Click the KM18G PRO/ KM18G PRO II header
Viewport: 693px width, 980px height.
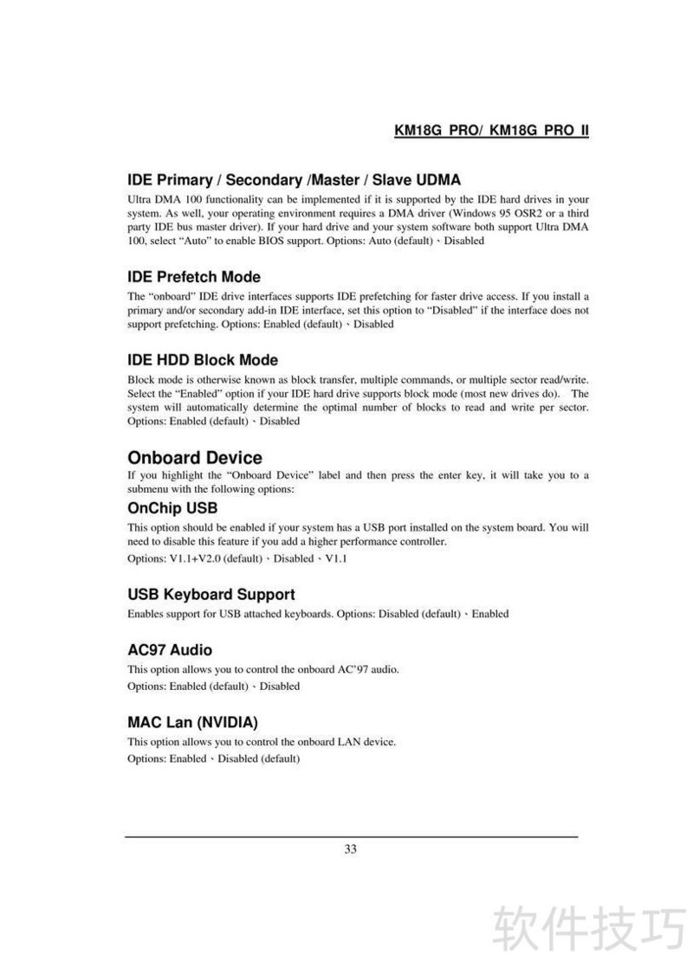(491, 131)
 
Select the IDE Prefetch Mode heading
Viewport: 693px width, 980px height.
(193, 277)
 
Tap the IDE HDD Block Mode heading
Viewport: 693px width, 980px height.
(202, 360)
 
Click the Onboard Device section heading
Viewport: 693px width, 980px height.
(194, 457)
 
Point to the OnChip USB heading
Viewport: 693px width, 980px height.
(172, 508)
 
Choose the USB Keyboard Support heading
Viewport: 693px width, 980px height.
(210, 595)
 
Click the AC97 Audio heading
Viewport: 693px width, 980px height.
(169, 650)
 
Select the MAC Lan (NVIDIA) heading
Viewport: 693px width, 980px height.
(192, 721)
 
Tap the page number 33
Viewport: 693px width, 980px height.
(350, 849)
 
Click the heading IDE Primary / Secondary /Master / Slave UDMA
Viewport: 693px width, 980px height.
(294, 180)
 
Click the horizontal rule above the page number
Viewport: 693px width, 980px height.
(351, 837)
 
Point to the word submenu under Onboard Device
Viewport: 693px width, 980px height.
(148, 489)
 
